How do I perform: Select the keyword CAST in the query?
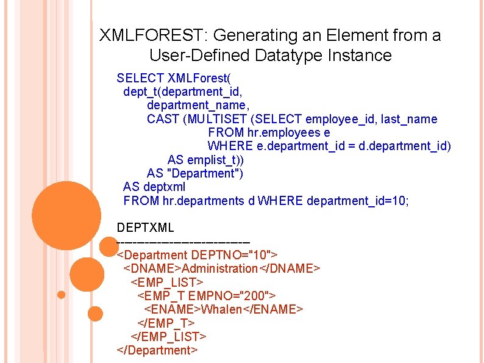tap(163, 119)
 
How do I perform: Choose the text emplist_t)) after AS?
tap(215, 160)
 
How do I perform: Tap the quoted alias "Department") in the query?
tap(207, 173)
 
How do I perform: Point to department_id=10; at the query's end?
tap(358, 200)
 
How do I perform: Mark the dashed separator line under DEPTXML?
tap(183, 242)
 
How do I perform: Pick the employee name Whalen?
tap(221, 309)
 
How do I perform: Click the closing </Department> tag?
tap(157, 350)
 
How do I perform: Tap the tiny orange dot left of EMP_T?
tap(61, 295)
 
